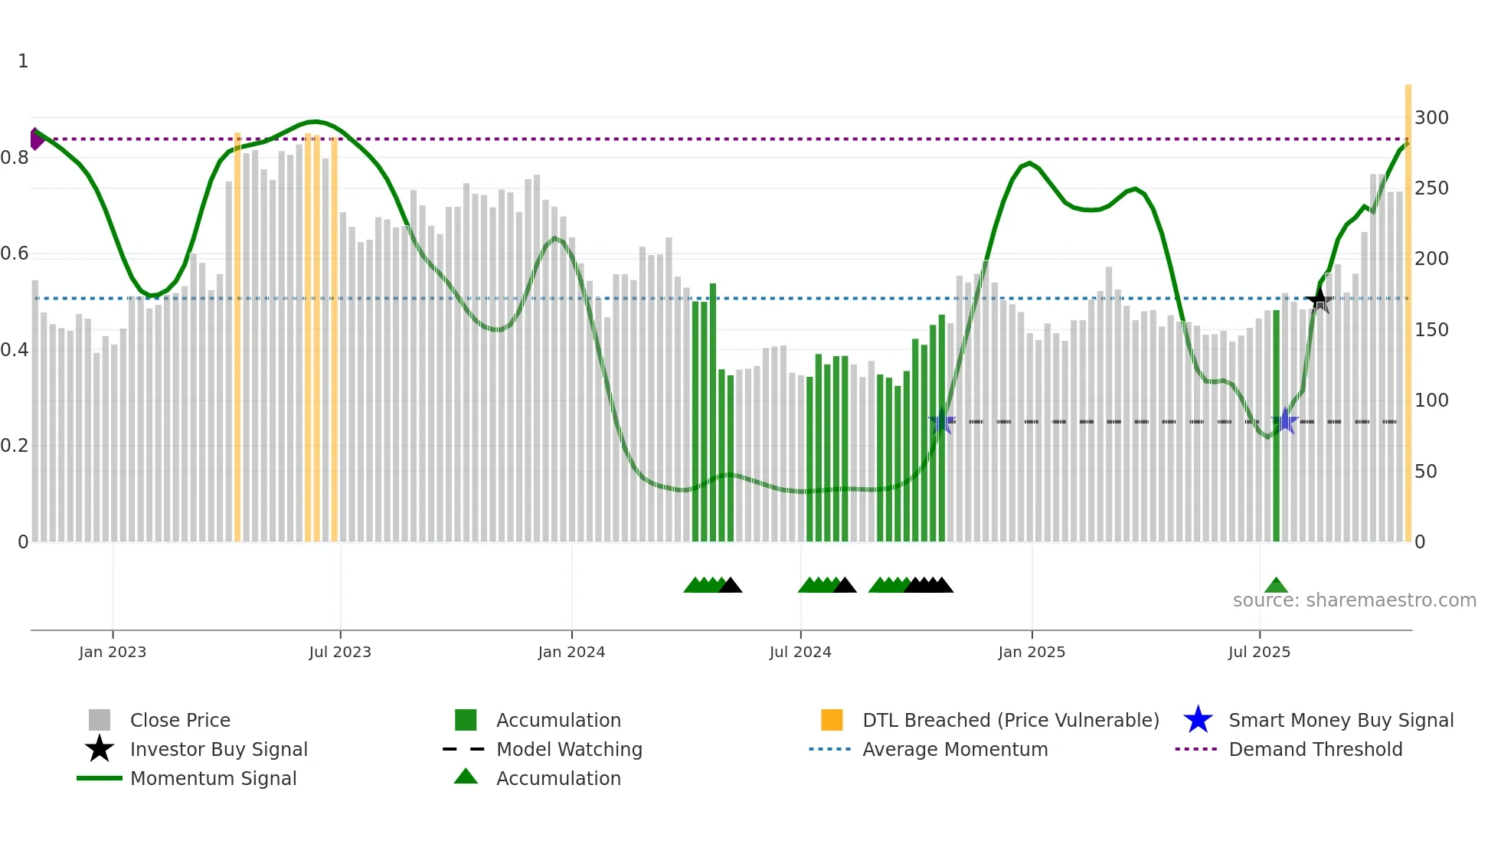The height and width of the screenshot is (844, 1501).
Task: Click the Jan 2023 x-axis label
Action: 112,652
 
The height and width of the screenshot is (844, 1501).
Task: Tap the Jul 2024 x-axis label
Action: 800,652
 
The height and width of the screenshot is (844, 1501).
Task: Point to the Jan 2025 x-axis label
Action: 1032,652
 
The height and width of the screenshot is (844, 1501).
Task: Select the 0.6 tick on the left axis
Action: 15,254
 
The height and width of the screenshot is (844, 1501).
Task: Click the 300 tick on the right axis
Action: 1431,118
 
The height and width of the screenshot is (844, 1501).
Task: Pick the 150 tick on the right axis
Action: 1431,330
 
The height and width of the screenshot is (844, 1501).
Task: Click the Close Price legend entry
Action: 180,720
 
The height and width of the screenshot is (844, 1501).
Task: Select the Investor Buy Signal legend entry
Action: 218,749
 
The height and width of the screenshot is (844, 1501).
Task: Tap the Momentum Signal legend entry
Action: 213,778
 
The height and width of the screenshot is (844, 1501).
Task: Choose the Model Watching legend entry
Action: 569,749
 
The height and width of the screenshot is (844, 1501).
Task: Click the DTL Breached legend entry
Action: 1010,720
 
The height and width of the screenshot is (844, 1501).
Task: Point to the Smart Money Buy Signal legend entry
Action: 1341,720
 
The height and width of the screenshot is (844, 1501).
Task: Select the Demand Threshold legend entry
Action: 1315,749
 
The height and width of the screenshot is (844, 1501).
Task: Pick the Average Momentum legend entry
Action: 955,749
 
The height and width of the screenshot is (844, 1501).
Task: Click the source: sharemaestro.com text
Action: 1354,600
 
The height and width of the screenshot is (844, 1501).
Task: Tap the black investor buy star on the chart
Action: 1319,300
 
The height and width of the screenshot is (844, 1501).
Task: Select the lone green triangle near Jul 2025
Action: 1276,586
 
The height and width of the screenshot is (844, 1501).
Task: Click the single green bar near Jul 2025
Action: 1276,425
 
